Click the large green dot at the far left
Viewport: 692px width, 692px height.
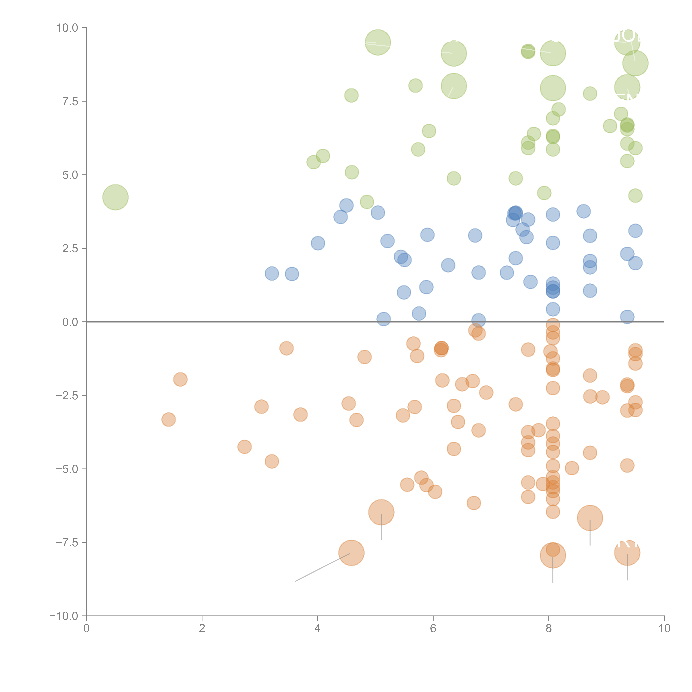[115, 197]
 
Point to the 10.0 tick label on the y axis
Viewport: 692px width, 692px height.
[67, 28]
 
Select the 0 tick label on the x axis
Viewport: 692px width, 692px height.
[86, 629]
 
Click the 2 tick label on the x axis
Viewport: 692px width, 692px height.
[202, 629]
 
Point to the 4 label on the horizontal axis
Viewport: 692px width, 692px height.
[317, 629]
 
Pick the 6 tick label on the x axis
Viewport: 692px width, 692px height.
[433, 629]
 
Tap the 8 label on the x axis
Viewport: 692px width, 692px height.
[549, 629]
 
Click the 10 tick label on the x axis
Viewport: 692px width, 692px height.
[664, 629]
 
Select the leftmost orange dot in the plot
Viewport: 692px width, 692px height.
[168, 419]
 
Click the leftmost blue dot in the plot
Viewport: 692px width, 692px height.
[272, 274]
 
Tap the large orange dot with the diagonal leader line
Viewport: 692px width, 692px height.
[351, 553]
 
